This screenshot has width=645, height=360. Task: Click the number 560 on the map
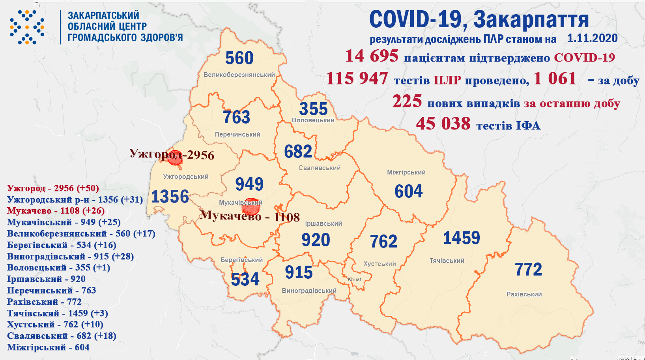click(x=239, y=58)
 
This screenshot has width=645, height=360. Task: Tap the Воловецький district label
click(x=313, y=120)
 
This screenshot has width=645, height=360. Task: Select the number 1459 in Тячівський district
click(x=462, y=238)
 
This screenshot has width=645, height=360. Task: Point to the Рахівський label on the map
click(x=524, y=294)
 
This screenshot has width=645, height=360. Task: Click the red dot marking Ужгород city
click(x=175, y=157)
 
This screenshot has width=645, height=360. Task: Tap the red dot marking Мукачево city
click(x=251, y=206)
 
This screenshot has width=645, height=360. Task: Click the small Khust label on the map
click(x=354, y=279)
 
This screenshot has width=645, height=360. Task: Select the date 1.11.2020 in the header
click(x=592, y=39)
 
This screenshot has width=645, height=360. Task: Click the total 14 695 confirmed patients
click(x=372, y=56)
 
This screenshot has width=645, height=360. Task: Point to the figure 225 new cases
click(x=407, y=101)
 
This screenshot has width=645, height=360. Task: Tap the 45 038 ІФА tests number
click(x=443, y=124)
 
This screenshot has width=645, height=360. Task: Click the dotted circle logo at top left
click(x=27, y=27)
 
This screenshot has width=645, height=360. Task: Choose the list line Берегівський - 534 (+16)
click(x=62, y=245)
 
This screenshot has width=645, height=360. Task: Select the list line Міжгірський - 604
click(x=48, y=347)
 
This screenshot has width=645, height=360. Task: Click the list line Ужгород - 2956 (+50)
click(x=53, y=188)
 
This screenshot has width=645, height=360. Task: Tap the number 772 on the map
click(x=528, y=270)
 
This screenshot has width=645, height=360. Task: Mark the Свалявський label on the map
click(x=319, y=168)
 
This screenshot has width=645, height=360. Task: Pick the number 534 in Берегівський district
click(x=245, y=279)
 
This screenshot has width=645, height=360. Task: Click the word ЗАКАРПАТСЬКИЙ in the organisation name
click(x=103, y=15)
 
